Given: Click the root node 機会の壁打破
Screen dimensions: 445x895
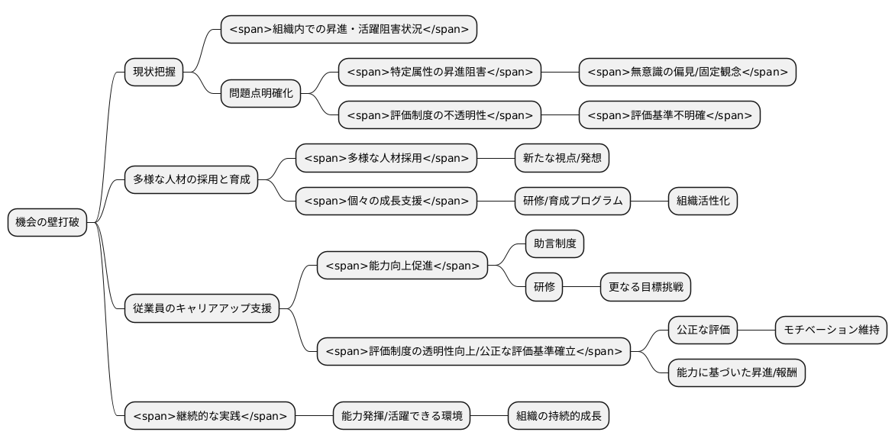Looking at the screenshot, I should point(47,223).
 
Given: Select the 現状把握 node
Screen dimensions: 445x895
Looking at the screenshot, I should point(153,73).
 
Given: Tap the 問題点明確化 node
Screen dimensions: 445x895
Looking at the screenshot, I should point(260,94).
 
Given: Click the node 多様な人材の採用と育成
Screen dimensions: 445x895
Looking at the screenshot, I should point(191,180).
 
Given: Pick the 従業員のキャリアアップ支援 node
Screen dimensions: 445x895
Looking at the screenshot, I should point(202,309).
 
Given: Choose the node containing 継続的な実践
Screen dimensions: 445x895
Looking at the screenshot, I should point(210,416).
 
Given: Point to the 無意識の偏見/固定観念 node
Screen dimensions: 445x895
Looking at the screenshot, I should point(687,73).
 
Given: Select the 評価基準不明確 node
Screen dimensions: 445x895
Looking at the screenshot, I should point(670,115).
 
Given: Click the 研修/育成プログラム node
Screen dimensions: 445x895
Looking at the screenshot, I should point(573,202).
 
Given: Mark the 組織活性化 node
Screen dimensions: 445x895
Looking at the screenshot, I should point(703,202).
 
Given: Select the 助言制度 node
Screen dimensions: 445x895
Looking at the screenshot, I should point(554,244).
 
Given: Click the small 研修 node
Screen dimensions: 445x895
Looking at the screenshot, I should point(544,288).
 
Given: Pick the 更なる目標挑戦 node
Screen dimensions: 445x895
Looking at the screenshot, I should point(645,288).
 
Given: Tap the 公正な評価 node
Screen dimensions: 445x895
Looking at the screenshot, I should point(703,331).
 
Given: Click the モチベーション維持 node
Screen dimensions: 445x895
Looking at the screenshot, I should point(831,331).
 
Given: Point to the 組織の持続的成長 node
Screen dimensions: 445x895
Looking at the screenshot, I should point(558,416).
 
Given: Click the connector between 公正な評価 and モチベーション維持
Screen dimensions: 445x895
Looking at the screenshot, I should point(756,331).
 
